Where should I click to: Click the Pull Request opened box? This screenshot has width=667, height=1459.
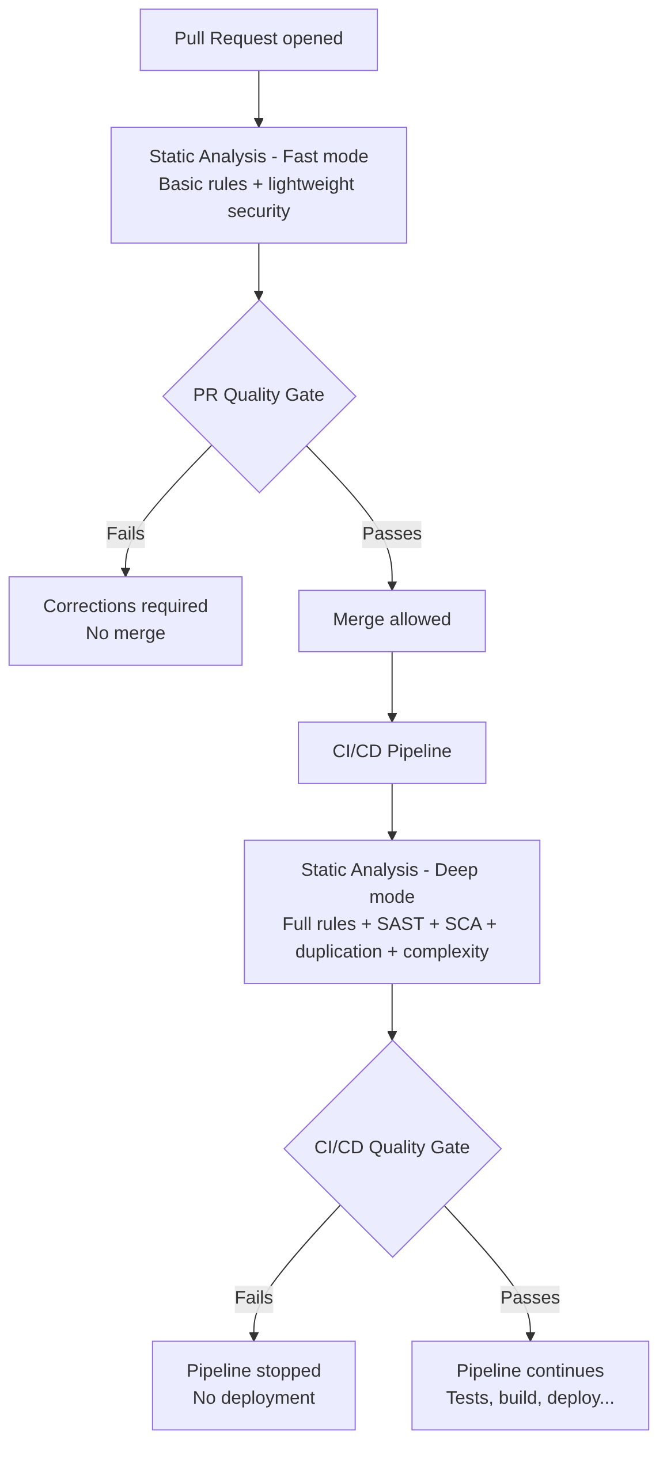(259, 39)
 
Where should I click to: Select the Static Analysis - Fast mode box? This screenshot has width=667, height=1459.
(259, 185)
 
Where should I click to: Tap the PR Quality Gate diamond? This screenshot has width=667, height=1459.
(259, 396)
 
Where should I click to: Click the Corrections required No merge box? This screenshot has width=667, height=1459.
(125, 621)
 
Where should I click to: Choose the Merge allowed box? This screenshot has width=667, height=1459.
(392, 621)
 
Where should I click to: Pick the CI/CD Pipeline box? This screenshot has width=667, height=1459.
(392, 753)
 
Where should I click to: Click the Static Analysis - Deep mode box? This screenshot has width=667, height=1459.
(392, 911)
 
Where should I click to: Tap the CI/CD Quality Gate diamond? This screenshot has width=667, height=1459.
(392, 1148)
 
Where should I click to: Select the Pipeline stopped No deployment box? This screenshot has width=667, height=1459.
(253, 1385)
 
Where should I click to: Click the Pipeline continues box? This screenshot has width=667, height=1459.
(530, 1385)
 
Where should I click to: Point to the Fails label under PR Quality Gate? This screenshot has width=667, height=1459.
(126, 534)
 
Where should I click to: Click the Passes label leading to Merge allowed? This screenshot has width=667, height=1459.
(392, 534)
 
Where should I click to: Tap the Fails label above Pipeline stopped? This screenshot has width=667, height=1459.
(253, 1298)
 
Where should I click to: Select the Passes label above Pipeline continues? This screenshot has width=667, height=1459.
(530, 1298)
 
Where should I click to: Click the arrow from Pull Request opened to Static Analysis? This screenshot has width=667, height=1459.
(259, 98)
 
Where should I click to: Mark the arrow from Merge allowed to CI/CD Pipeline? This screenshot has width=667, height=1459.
(392, 686)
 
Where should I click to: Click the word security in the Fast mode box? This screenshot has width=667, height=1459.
(259, 211)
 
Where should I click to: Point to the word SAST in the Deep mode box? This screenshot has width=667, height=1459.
(400, 924)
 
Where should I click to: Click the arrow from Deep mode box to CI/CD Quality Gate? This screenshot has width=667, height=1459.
(392, 1011)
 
